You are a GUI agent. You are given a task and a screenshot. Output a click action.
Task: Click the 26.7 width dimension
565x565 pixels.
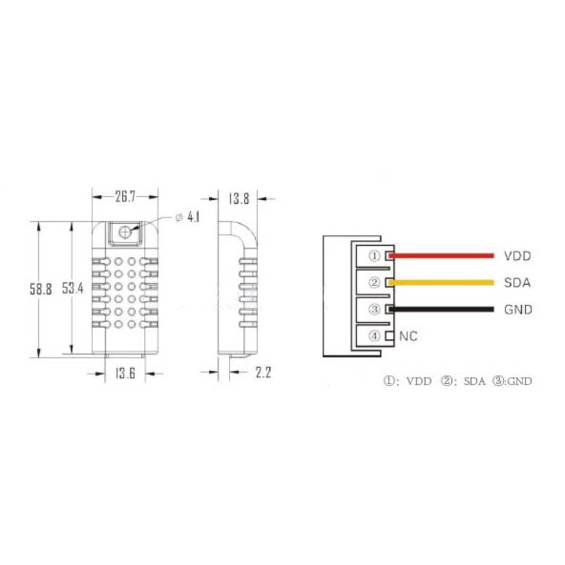[125, 197]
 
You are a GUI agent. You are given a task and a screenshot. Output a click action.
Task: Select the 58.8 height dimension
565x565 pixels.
[41, 289]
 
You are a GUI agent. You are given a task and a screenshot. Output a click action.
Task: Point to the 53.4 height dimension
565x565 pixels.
[73, 288]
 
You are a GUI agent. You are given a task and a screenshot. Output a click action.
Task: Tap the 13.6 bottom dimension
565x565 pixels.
[126, 373]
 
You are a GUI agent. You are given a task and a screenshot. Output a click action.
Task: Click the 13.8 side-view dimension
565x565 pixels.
[239, 198]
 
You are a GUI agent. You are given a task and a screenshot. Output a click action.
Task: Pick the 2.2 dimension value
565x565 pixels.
[263, 372]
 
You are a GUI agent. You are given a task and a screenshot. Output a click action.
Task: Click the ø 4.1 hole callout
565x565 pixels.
[187, 218]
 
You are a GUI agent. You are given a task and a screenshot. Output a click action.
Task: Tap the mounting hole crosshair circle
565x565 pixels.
[124, 232]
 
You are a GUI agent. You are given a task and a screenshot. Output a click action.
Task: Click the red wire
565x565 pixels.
[441, 256]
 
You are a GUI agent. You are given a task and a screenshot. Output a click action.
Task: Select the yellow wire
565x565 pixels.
[441, 282]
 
